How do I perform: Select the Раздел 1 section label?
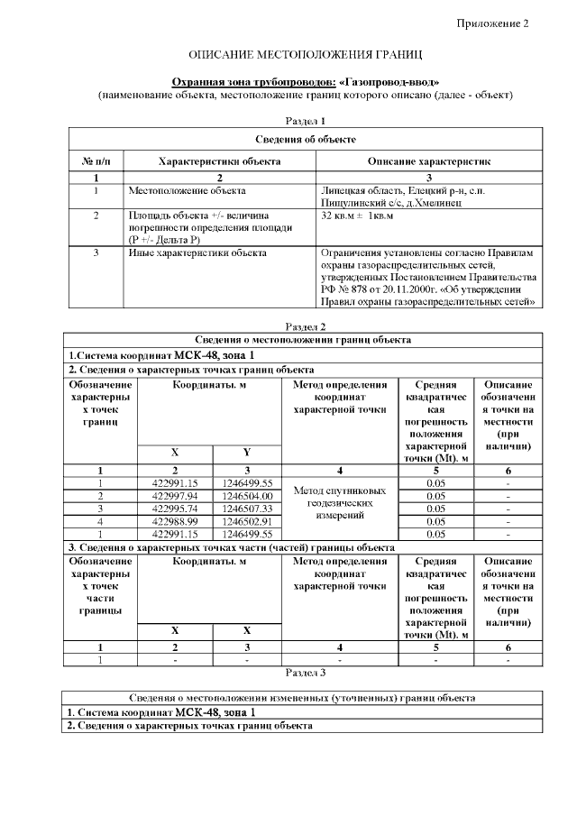click(x=305, y=120)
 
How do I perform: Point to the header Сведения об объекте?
click(x=305, y=139)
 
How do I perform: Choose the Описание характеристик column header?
click(x=428, y=160)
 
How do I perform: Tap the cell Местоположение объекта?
click(x=187, y=191)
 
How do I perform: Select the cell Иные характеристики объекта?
click(x=197, y=253)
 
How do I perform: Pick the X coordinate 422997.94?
click(x=175, y=496)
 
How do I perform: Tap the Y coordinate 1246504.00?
click(x=247, y=496)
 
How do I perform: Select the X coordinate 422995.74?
click(x=175, y=509)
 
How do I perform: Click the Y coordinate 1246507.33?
click(x=247, y=509)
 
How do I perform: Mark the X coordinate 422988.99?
click(x=175, y=521)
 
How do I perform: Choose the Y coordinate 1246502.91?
click(x=247, y=521)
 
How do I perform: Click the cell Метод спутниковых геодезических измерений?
click(x=340, y=503)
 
